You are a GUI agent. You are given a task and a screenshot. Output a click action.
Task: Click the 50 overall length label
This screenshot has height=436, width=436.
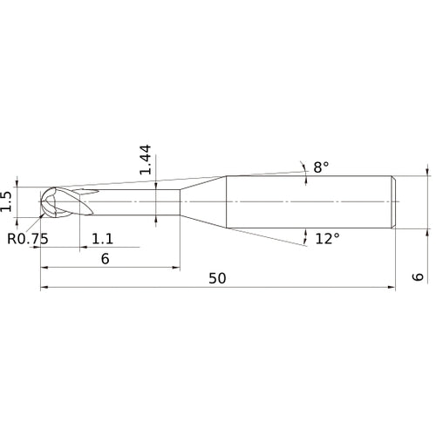218,278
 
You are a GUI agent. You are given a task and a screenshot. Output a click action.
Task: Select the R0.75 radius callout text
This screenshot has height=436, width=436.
27,238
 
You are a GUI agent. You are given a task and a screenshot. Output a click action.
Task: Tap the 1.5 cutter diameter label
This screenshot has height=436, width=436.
8,201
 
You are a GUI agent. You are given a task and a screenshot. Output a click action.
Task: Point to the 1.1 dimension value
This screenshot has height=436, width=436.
103,238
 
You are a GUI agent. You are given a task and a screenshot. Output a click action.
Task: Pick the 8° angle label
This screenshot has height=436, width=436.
322,167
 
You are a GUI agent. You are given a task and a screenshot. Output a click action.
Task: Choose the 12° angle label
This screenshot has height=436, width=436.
326,238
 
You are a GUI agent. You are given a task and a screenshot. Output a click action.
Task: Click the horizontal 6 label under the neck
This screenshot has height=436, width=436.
105,259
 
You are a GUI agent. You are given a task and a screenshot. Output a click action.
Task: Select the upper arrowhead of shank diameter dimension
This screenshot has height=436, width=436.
427,172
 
